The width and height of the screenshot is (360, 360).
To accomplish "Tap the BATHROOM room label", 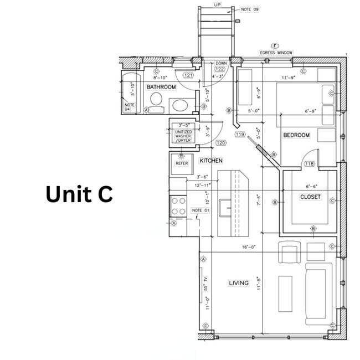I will click(x=161, y=87).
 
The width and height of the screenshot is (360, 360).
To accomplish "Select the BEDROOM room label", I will click(x=296, y=135).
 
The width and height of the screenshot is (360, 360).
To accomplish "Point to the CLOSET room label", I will click(x=310, y=197).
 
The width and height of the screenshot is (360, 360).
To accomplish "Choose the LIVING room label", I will click(x=239, y=283).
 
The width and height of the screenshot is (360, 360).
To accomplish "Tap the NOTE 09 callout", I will click(x=250, y=9).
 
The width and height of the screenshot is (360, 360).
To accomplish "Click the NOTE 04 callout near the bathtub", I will click(x=130, y=107).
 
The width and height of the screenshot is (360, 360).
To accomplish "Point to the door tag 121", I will click(x=188, y=75).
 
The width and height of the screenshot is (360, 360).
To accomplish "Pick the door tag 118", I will click(x=309, y=163).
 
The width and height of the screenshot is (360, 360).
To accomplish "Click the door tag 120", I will click(x=205, y=143).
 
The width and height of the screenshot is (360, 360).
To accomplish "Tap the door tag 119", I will click(x=240, y=134).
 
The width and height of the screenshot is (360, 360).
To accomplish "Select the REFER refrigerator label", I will click(x=182, y=163).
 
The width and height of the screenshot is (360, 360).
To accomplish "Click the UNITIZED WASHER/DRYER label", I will click(x=183, y=136).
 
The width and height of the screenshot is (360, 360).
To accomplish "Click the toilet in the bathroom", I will click(x=156, y=100).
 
